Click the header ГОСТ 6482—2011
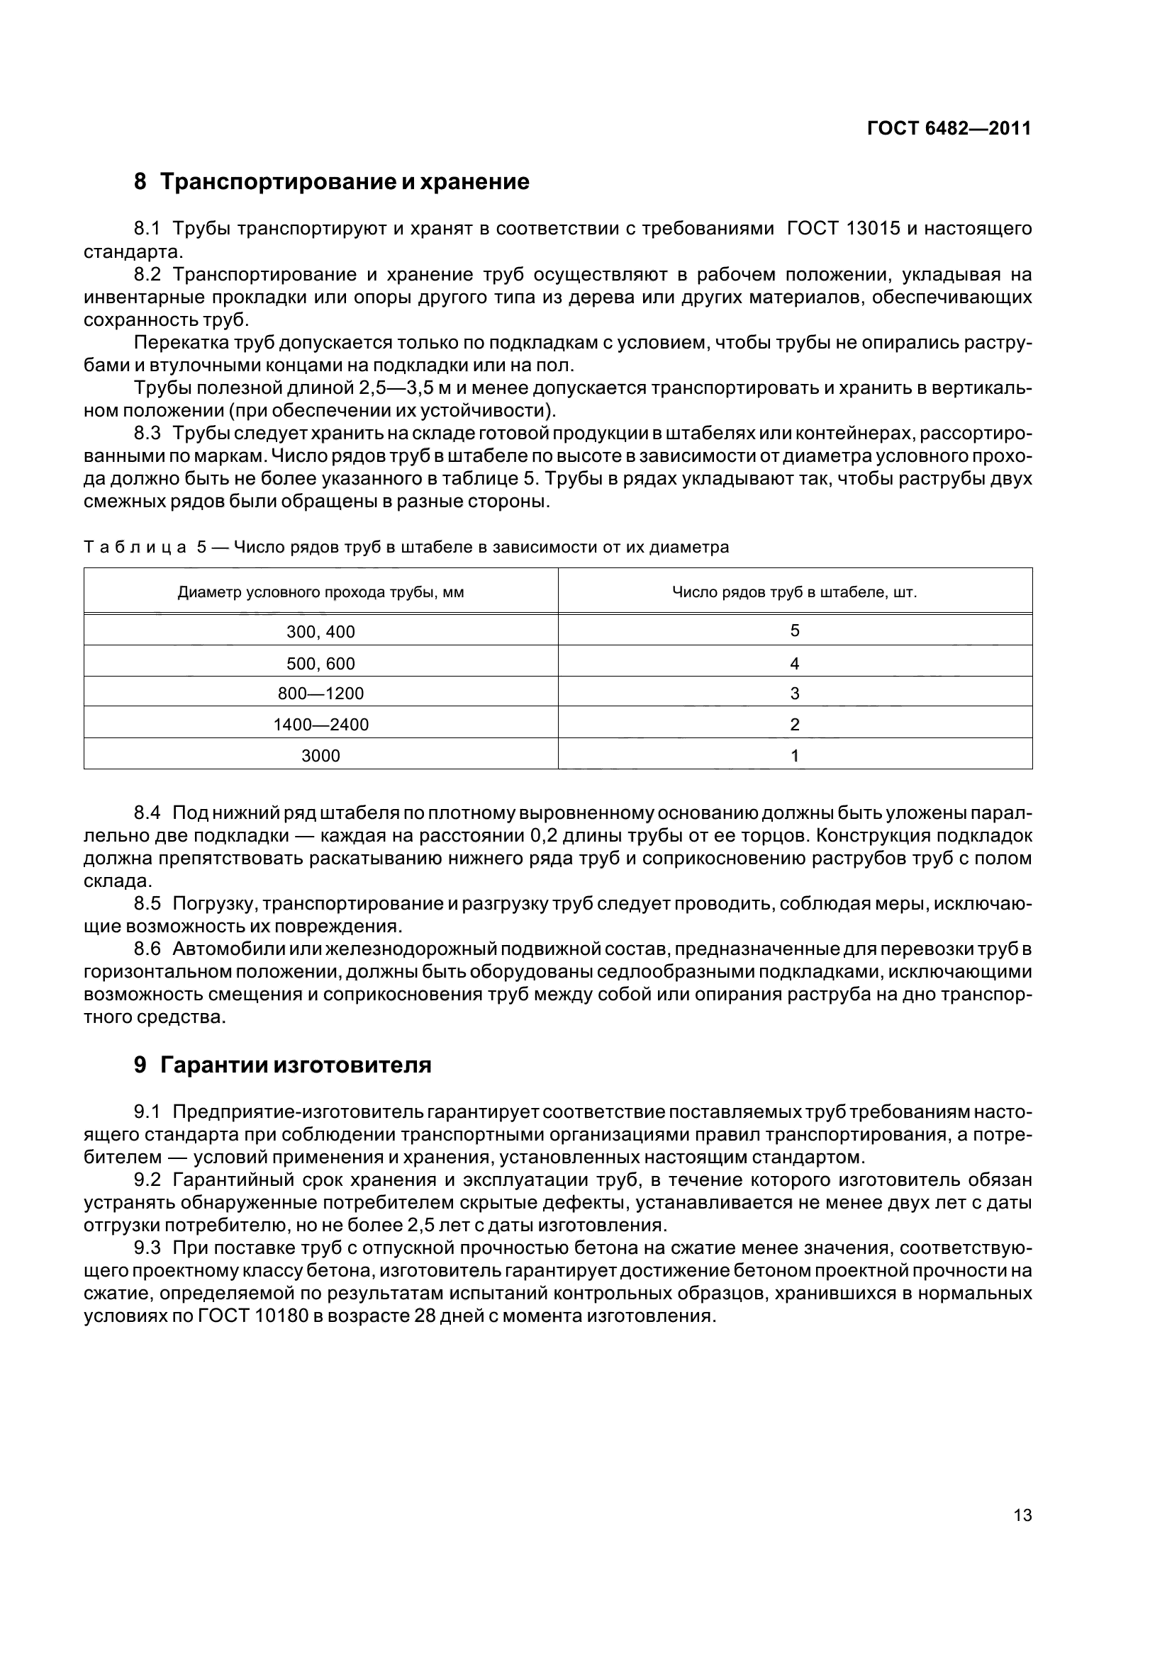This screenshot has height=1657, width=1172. point(948,128)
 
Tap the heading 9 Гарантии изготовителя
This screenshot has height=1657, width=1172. point(282,1065)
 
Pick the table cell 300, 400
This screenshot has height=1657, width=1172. point(320,632)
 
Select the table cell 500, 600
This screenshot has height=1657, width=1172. point(320,663)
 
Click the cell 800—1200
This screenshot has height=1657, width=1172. point(320,694)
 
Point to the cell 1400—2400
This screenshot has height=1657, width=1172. point(320,725)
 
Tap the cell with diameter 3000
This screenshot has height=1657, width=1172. point(320,756)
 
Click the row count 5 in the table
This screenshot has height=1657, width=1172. point(794,630)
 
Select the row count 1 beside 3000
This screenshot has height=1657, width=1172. point(794,756)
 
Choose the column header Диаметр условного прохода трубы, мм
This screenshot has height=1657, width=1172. point(320,592)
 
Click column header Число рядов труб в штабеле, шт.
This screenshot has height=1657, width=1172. point(794,592)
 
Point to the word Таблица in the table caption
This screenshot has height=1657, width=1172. point(135,548)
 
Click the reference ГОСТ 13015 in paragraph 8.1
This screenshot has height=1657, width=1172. point(844,229)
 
